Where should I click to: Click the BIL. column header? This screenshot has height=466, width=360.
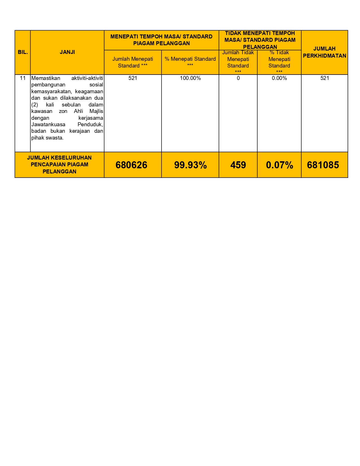pos(23,52)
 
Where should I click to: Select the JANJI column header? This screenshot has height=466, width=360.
pos(67,52)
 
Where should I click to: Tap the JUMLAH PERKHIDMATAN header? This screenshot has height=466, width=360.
pos(324,52)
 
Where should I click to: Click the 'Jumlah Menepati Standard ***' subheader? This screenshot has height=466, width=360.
pos(133,62)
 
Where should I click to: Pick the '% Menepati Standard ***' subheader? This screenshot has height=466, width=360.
pos(190,61)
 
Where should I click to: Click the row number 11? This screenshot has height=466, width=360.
pos(23,78)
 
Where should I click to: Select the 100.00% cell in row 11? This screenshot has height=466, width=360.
pos(190,78)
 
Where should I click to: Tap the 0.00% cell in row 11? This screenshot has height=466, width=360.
pos(279,78)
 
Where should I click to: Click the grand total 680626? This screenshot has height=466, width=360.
pos(131,165)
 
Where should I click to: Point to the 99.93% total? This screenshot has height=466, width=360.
pos(190,165)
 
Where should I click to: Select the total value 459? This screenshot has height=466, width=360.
pos(238,165)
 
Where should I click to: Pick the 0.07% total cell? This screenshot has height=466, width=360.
pos(279,165)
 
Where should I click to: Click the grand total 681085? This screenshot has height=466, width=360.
pos(323,165)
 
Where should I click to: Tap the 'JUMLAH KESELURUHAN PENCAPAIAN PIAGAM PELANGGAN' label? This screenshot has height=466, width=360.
pos(59,165)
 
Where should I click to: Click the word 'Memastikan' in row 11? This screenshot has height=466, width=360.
pos(46,78)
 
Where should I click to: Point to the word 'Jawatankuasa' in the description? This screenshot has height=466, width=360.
pos(48,125)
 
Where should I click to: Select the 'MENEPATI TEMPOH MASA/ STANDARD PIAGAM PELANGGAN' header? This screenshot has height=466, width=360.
pos(161,40)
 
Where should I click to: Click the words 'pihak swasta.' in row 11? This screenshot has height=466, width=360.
pos(47,138)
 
